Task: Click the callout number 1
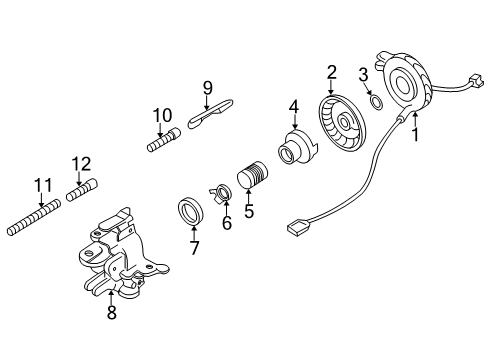coord(415,134)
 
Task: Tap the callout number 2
coord(332,72)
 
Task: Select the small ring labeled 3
coord(377,103)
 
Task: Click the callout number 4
coord(294,107)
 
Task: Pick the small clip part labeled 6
coord(221,194)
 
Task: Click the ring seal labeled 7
coord(190,211)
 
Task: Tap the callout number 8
coord(112,312)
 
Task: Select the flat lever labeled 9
coord(211,113)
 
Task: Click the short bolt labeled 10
coord(164,140)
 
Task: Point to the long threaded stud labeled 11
coord(34,217)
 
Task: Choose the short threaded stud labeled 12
coord(82,190)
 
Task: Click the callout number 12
coord(81,164)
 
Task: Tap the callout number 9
coord(207,88)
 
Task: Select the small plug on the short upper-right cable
coord(476,80)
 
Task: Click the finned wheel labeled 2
coord(342,123)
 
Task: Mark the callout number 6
coord(227,223)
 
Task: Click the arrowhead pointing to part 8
coord(111,293)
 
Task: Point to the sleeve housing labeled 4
coord(296,147)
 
